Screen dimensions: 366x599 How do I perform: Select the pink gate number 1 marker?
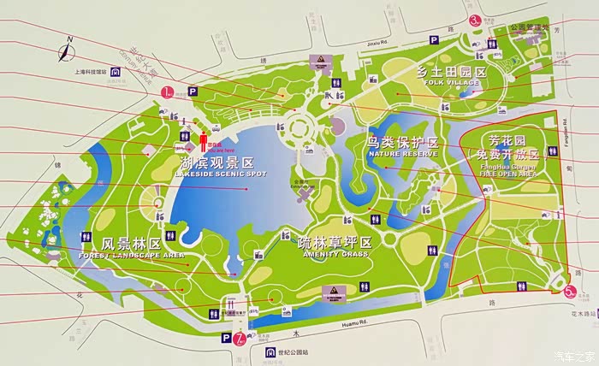click(170, 91)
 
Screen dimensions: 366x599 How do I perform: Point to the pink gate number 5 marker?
click(570, 291)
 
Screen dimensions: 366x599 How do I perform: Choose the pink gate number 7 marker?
click(240, 338)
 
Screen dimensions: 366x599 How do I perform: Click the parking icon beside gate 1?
click(193, 90)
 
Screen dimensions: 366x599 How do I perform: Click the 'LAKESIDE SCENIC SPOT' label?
click(218, 174)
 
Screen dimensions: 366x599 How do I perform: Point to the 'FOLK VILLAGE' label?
click(452, 85)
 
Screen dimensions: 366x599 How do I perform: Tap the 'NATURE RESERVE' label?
click(402, 154)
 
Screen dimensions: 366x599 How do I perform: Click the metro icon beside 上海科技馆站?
click(113, 73)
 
